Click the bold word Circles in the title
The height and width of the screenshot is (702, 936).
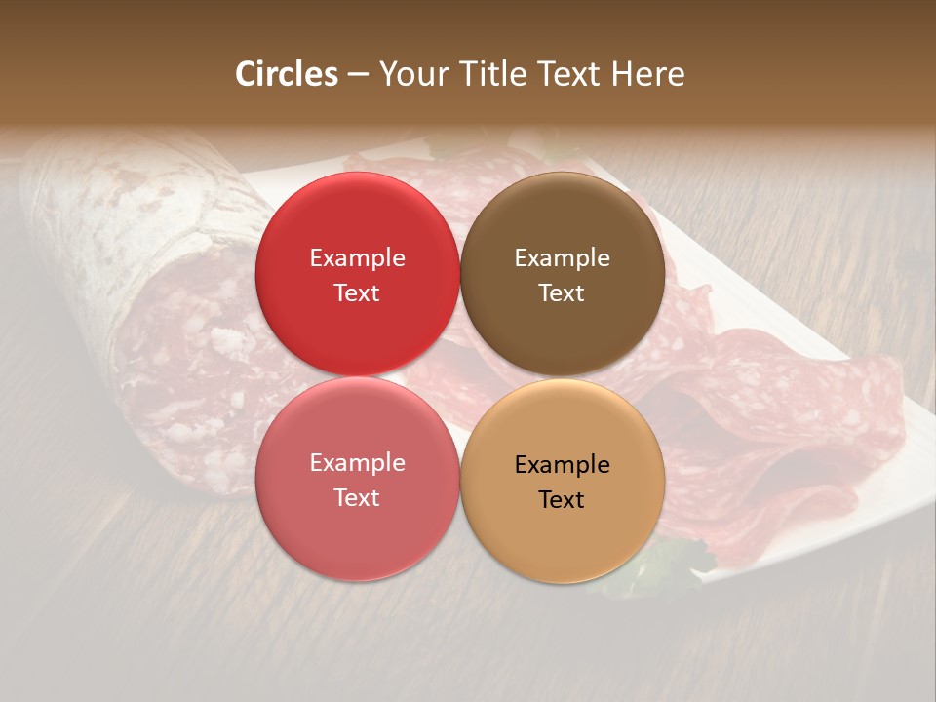[286, 74]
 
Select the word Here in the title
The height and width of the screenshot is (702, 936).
[647, 74]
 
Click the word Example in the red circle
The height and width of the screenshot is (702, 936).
[357, 258]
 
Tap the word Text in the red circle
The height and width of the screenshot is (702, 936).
[357, 293]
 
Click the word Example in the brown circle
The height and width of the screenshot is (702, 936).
[562, 258]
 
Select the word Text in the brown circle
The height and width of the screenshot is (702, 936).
[562, 293]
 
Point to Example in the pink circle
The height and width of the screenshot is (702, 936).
[357, 463]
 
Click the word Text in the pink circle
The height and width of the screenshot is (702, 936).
[357, 498]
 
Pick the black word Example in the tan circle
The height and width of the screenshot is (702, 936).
[562, 465]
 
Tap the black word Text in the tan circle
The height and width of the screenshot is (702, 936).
[562, 500]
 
